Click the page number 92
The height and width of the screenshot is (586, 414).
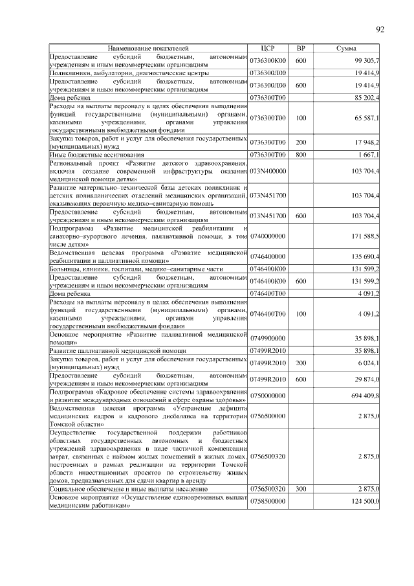point(380,29)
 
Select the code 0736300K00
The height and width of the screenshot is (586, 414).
point(268,60)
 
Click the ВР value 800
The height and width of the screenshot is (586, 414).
point(301,155)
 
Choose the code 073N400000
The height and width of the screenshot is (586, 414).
point(268,170)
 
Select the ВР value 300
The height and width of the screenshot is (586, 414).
point(301,491)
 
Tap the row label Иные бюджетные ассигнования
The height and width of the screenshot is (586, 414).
point(97,155)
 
